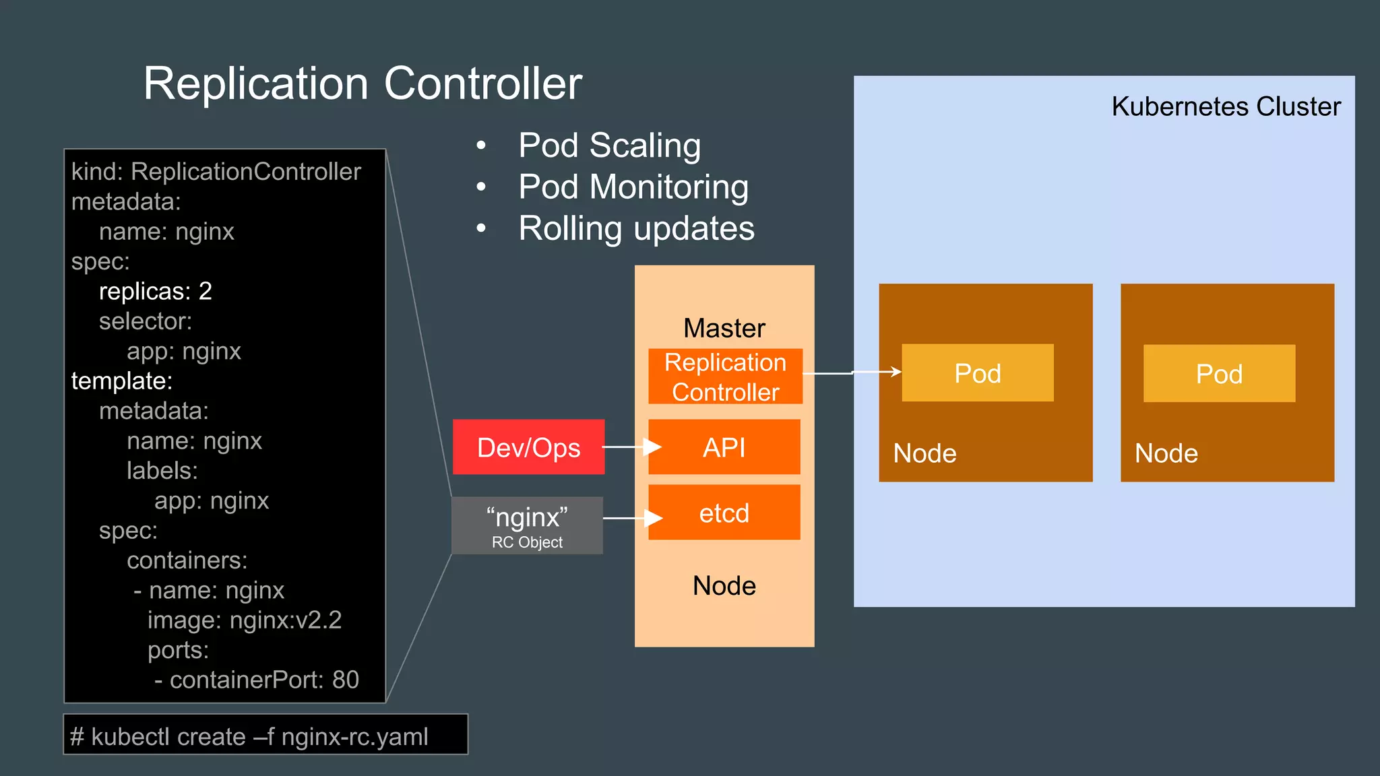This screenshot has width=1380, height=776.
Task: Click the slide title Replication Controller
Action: (363, 84)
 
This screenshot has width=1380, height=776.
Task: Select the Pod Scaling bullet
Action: (609, 145)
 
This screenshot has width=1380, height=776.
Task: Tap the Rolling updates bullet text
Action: (636, 228)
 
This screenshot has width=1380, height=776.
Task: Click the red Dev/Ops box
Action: (528, 447)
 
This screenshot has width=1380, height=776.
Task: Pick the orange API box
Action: (724, 447)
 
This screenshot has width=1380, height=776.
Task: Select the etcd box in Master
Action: (724, 513)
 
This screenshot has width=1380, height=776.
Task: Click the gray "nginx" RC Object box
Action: (527, 525)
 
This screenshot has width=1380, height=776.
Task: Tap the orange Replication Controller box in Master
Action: (725, 377)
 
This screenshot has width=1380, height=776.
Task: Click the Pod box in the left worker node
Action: (978, 373)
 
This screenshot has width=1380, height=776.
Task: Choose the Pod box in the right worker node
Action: (1219, 374)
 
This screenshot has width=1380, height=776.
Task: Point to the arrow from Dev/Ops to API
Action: (631, 447)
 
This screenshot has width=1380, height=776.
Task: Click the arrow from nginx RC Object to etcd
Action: (631, 518)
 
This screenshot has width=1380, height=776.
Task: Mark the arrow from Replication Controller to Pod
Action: (852, 372)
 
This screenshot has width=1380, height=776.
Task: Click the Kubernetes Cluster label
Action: (1226, 106)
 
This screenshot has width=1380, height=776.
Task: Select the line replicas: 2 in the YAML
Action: (156, 291)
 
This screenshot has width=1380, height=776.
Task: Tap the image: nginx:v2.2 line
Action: (245, 620)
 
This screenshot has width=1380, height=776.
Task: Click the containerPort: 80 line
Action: (257, 680)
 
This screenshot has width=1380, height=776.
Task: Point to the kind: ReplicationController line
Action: (216, 172)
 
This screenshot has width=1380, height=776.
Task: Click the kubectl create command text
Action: (249, 736)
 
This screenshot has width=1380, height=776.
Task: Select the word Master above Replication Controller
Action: (724, 328)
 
